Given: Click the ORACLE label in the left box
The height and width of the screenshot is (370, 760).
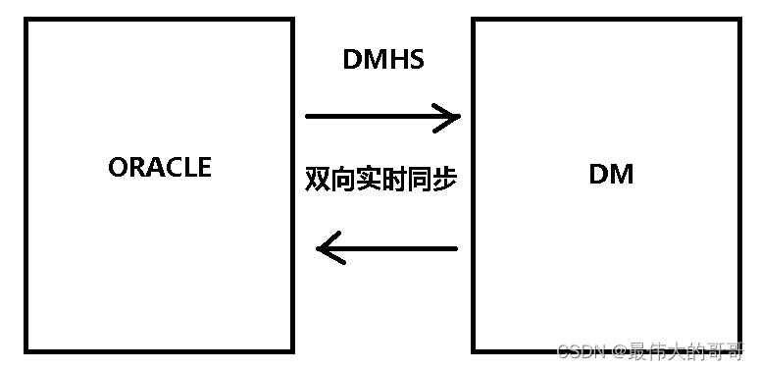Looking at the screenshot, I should coord(160,167).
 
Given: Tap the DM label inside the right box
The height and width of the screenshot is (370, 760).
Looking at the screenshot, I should coord(611,175).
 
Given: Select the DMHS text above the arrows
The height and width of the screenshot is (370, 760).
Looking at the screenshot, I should coord(383,59).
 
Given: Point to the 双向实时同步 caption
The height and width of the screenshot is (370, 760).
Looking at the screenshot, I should coord(381,180).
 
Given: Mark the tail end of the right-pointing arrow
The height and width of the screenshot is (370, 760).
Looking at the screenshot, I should coord(309,117).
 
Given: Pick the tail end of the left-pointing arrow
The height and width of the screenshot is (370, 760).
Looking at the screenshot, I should coord(456,248).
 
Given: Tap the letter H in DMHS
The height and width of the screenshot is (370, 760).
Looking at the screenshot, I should coord(397,59).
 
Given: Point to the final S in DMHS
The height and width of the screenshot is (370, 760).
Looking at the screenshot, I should coord(416,59).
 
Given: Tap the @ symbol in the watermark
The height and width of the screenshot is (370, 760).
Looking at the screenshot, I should coord(621,350).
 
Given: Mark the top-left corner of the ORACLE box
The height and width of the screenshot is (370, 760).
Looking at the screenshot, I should coord(26,20).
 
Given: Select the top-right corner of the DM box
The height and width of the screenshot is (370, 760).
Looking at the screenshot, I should coord(739,20).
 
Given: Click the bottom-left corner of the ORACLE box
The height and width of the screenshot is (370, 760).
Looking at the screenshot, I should coord(26,351).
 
